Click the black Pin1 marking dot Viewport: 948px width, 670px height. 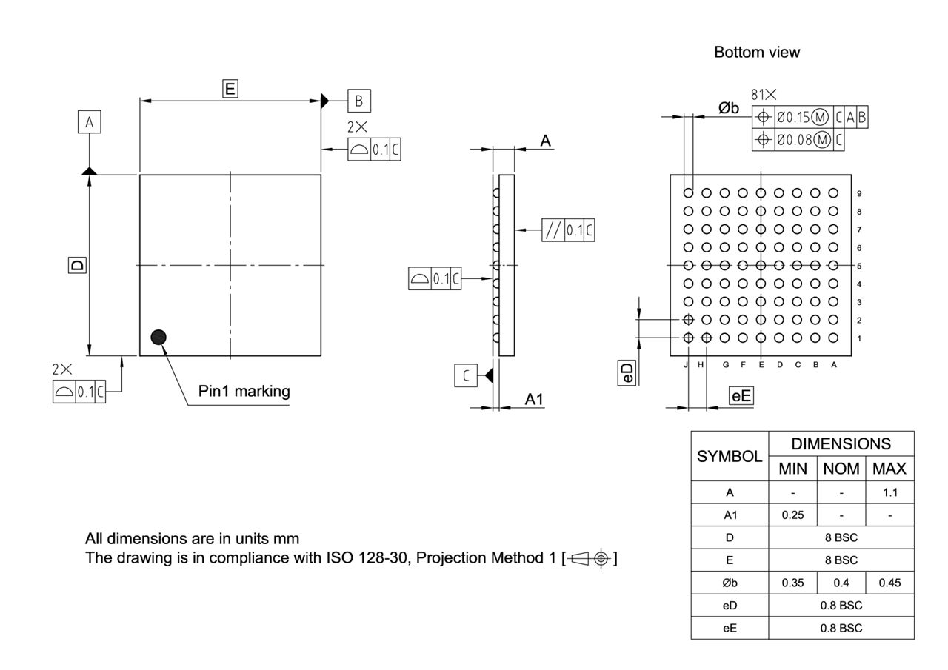click(x=158, y=338)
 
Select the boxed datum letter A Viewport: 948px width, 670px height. click(x=89, y=122)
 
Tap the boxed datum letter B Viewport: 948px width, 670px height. click(x=358, y=101)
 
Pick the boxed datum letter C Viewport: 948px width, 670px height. click(x=465, y=375)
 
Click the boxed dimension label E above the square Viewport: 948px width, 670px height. click(x=230, y=89)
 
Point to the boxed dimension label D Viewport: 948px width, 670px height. click(x=77, y=264)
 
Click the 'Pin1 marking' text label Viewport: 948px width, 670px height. click(x=244, y=391)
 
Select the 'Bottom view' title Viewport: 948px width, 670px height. click(x=756, y=52)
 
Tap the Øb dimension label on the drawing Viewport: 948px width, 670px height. click(x=729, y=108)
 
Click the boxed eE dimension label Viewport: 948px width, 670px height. click(x=741, y=396)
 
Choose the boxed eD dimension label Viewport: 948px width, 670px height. click(x=627, y=373)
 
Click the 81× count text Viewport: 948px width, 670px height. click(x=764, y=95)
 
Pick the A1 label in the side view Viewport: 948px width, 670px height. click(x=534, y=399)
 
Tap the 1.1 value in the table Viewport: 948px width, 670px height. click(x=889, y=492)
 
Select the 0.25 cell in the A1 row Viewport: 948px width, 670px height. click(x=792, y=515)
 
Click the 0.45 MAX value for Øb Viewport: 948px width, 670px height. click(x=889, y=583)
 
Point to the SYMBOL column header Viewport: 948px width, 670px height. click(x=730, y=456)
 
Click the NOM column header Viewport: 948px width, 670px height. click(x=841, y=469)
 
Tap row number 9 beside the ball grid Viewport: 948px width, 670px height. click(x=858, y=194)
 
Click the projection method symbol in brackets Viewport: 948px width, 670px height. click(x=590, y=557)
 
